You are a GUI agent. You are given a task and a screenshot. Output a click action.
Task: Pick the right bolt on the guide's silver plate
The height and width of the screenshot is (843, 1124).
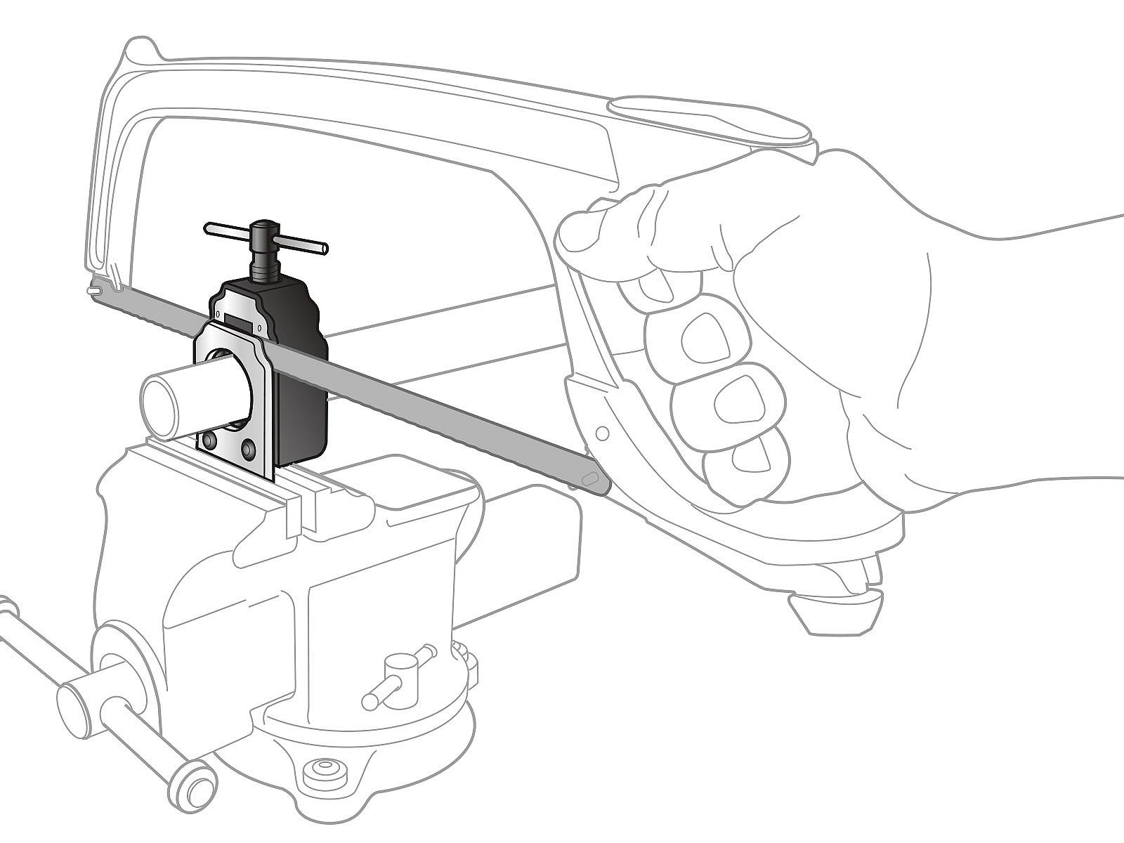[248, 447]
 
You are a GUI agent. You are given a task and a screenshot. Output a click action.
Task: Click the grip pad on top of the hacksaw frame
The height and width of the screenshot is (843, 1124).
[710, 119]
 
